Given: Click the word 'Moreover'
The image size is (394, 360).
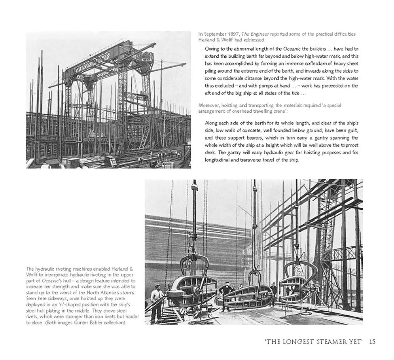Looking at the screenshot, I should [210, 105].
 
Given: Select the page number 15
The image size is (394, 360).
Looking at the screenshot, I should [372, 341].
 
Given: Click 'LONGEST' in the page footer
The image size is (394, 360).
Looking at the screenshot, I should [297, 341].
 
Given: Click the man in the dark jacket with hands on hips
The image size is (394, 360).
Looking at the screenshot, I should [227, 295].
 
